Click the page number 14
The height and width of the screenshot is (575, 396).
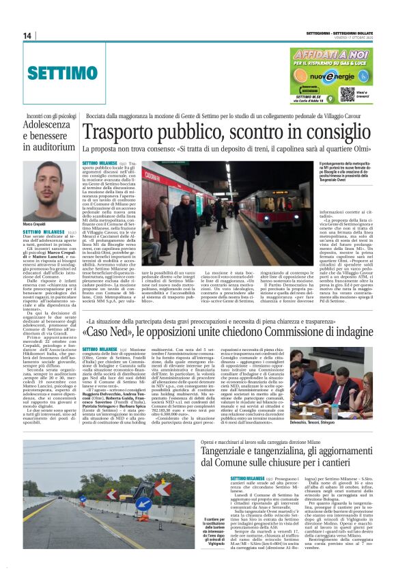coord(27,36)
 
